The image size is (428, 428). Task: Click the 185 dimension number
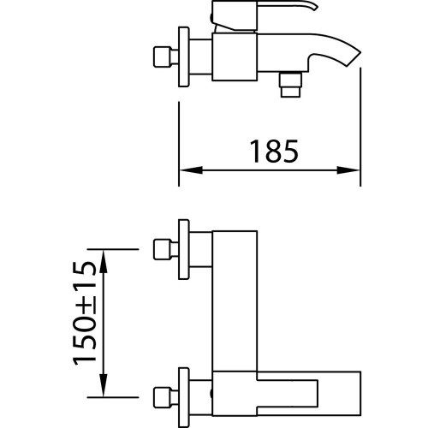pos(274,152)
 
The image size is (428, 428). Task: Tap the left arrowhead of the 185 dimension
pos(191,170)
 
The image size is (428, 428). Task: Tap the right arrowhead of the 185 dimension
pos(348,170)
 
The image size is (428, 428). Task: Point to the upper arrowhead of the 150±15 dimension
pos(104,261)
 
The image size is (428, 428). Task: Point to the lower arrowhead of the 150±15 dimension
pos(104,385)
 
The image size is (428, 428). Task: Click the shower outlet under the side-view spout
pos(290,85)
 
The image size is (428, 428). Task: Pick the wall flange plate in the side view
pos(184,56)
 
